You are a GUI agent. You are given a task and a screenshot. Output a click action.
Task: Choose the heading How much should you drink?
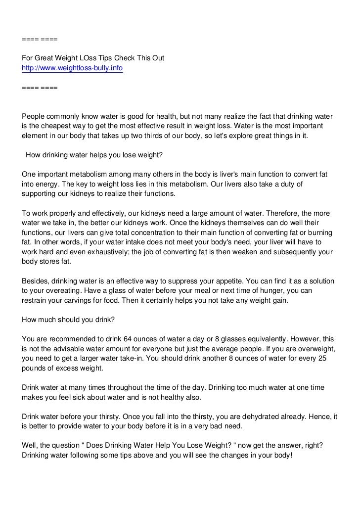pos(69,320)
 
